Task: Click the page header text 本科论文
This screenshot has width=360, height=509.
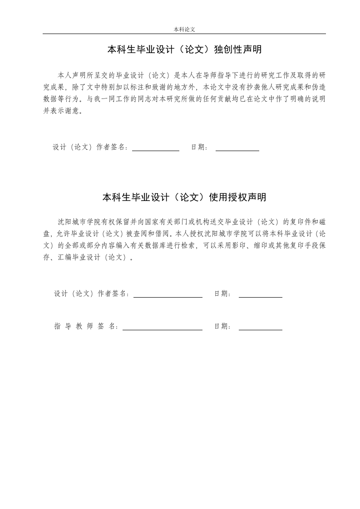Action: coord(184,29)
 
